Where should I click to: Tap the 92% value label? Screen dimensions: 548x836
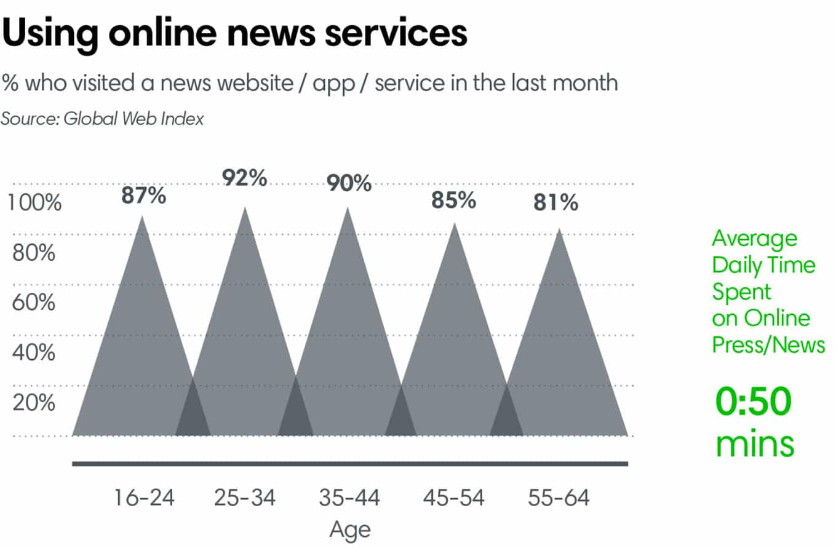coord(245,178)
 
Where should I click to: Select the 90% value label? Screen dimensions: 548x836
coord(349,183)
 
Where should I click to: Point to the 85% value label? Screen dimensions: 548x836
coord(453,201)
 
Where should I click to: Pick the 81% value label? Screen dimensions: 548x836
coord(555,203)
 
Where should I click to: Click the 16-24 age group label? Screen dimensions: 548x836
coord(144,498)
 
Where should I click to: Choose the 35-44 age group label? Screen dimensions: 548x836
coord(349,498)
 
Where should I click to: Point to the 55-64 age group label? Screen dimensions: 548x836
coord(559,498)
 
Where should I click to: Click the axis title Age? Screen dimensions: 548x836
coord(350,530)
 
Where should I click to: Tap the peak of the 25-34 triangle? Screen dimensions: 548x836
coord(245,208)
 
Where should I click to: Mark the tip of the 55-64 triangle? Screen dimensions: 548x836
coord(559,230)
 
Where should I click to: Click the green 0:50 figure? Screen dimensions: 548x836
coord(753,403)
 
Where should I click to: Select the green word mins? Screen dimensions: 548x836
coord(754,443)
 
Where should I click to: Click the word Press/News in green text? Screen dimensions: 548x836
coord(768,344)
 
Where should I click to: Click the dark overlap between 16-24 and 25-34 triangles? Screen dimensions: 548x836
coord(193,415)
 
